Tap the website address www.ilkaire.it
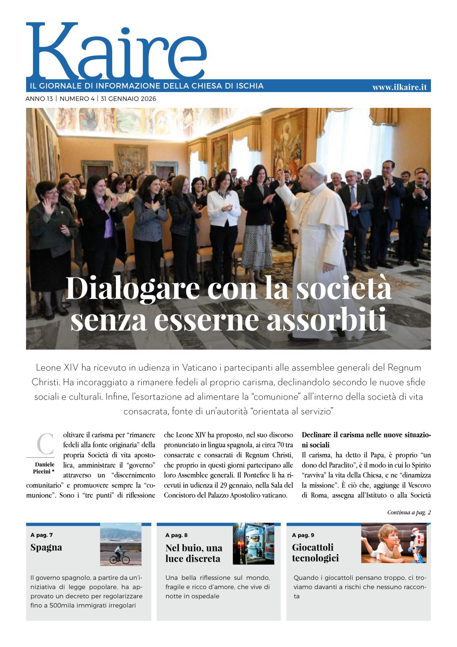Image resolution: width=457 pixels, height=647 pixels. pyautogui.click(x=399, y=87)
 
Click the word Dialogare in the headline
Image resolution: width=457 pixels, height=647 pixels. pyautogui.click(x=132, y=289)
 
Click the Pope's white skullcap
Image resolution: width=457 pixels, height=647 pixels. pyautogui.click(x=316, y=167)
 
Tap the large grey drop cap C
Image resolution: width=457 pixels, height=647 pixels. pyautogui.click(x=45, y=444)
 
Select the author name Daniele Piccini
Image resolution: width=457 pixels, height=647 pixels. pyautogui.click(x=44, y=468)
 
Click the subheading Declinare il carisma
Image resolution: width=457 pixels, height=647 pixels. pyautogui.click(x=366, y=440)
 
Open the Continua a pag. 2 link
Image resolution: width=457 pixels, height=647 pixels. pyautogui.click(x=409, y=512)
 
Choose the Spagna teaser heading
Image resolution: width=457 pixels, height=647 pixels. pyautogui.click(x=46, y=547)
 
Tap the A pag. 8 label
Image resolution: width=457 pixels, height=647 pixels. pyautogui.click(x=176, y=535)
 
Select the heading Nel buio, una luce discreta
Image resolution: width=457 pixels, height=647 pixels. pyautogui.click(x=194, y=553)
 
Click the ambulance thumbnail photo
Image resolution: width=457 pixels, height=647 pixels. pyautogui.click(x=253, y=544)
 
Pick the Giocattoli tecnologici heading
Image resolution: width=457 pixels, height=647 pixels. pyautogui.click(x=315, y=553)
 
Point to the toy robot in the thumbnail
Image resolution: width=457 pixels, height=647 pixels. pyautogui.click(x=417, y=545)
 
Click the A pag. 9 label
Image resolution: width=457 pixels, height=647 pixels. pyautogui.click(x=303, y=535)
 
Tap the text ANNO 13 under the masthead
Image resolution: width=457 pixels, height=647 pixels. pyautogui.click(x=39, y=99)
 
